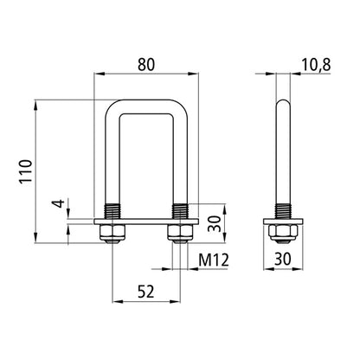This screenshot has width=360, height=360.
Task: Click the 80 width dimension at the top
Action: tap(146, 63)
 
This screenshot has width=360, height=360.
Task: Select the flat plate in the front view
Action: tap(145, 222)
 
